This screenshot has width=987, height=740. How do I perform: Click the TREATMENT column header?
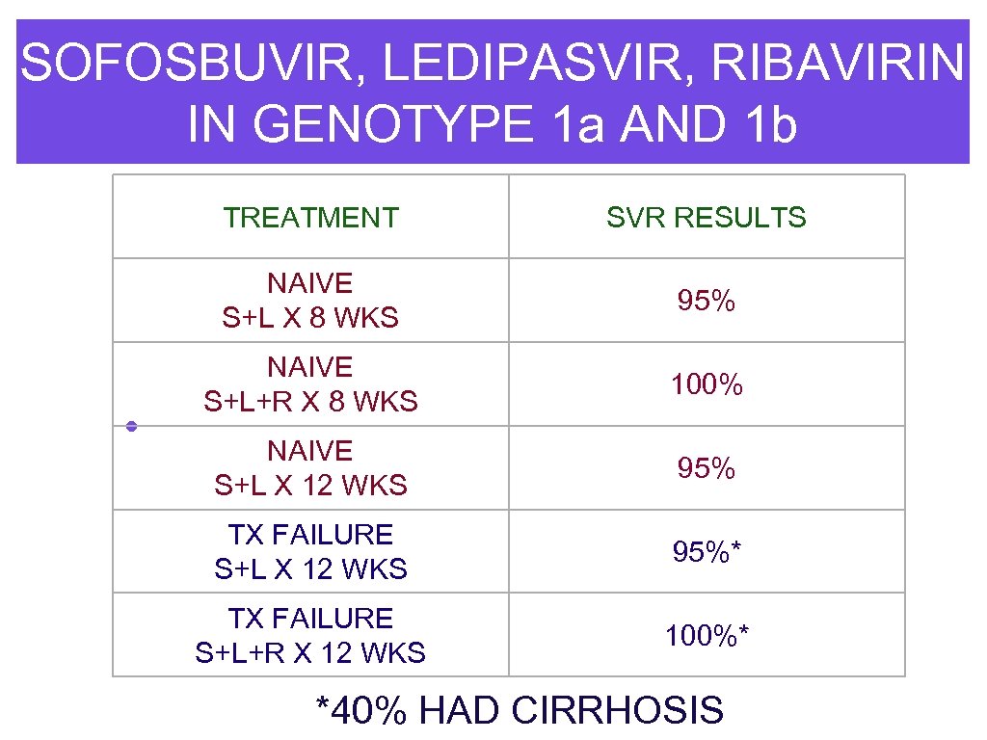310,218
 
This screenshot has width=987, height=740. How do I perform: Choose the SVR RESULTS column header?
707,218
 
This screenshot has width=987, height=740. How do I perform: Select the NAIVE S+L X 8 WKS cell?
310,301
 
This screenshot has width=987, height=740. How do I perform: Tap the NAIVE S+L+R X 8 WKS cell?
310,384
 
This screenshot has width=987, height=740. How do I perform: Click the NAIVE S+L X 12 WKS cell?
310,468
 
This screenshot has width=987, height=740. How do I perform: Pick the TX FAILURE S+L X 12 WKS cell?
310,552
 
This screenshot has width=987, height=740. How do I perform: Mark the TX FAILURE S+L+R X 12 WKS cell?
310,636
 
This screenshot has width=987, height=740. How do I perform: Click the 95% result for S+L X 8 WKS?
707,302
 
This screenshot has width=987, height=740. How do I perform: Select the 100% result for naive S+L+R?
707,385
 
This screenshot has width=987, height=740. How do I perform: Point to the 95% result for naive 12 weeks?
707,469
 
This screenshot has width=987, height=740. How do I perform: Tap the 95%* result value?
707,553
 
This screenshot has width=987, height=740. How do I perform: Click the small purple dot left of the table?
130,426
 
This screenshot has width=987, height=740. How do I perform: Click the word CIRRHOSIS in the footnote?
618,711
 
